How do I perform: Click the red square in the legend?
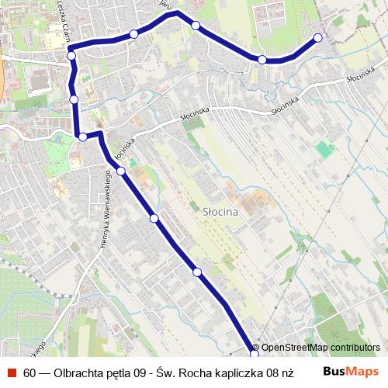pos(12,372)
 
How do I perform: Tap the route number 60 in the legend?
pos(29,372)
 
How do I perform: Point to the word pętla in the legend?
pos(124,372)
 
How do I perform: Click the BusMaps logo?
pos(351,372)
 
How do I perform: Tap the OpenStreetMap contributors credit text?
pos(320,348)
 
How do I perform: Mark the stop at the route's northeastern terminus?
pos(317,37)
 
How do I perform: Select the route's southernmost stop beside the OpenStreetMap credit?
pos(255,355)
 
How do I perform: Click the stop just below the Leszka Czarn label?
pos(71,55)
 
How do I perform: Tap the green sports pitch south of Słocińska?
pos(324,148)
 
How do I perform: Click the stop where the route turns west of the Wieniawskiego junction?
pos(83,137)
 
